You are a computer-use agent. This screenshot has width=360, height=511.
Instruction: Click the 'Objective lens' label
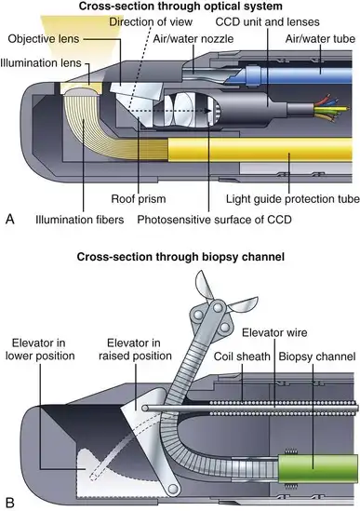44,39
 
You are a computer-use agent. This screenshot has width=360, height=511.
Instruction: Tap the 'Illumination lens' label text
41,63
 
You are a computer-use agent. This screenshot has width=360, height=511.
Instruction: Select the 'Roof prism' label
139,199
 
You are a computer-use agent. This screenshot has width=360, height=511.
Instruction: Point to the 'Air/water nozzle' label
193,39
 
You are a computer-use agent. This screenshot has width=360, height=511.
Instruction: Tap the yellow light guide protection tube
260,150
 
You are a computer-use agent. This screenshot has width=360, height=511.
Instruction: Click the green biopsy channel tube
317,468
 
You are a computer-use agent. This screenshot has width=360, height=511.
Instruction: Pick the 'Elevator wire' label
274,332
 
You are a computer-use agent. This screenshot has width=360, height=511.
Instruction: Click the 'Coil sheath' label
242,356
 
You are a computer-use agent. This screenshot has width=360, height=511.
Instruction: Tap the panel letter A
10,219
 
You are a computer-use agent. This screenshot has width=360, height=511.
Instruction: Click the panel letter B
10,503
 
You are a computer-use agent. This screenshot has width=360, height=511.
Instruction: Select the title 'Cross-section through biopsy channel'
180,257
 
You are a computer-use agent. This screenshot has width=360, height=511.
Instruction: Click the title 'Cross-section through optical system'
180,6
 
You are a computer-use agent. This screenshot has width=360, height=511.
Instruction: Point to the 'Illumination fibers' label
80,220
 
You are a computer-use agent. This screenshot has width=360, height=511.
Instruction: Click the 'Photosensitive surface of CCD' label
214,220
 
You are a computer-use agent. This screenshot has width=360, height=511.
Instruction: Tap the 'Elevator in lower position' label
40,349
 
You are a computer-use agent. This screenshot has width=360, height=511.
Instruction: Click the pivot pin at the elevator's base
173,489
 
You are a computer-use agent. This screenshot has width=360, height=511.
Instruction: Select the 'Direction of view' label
151,21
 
